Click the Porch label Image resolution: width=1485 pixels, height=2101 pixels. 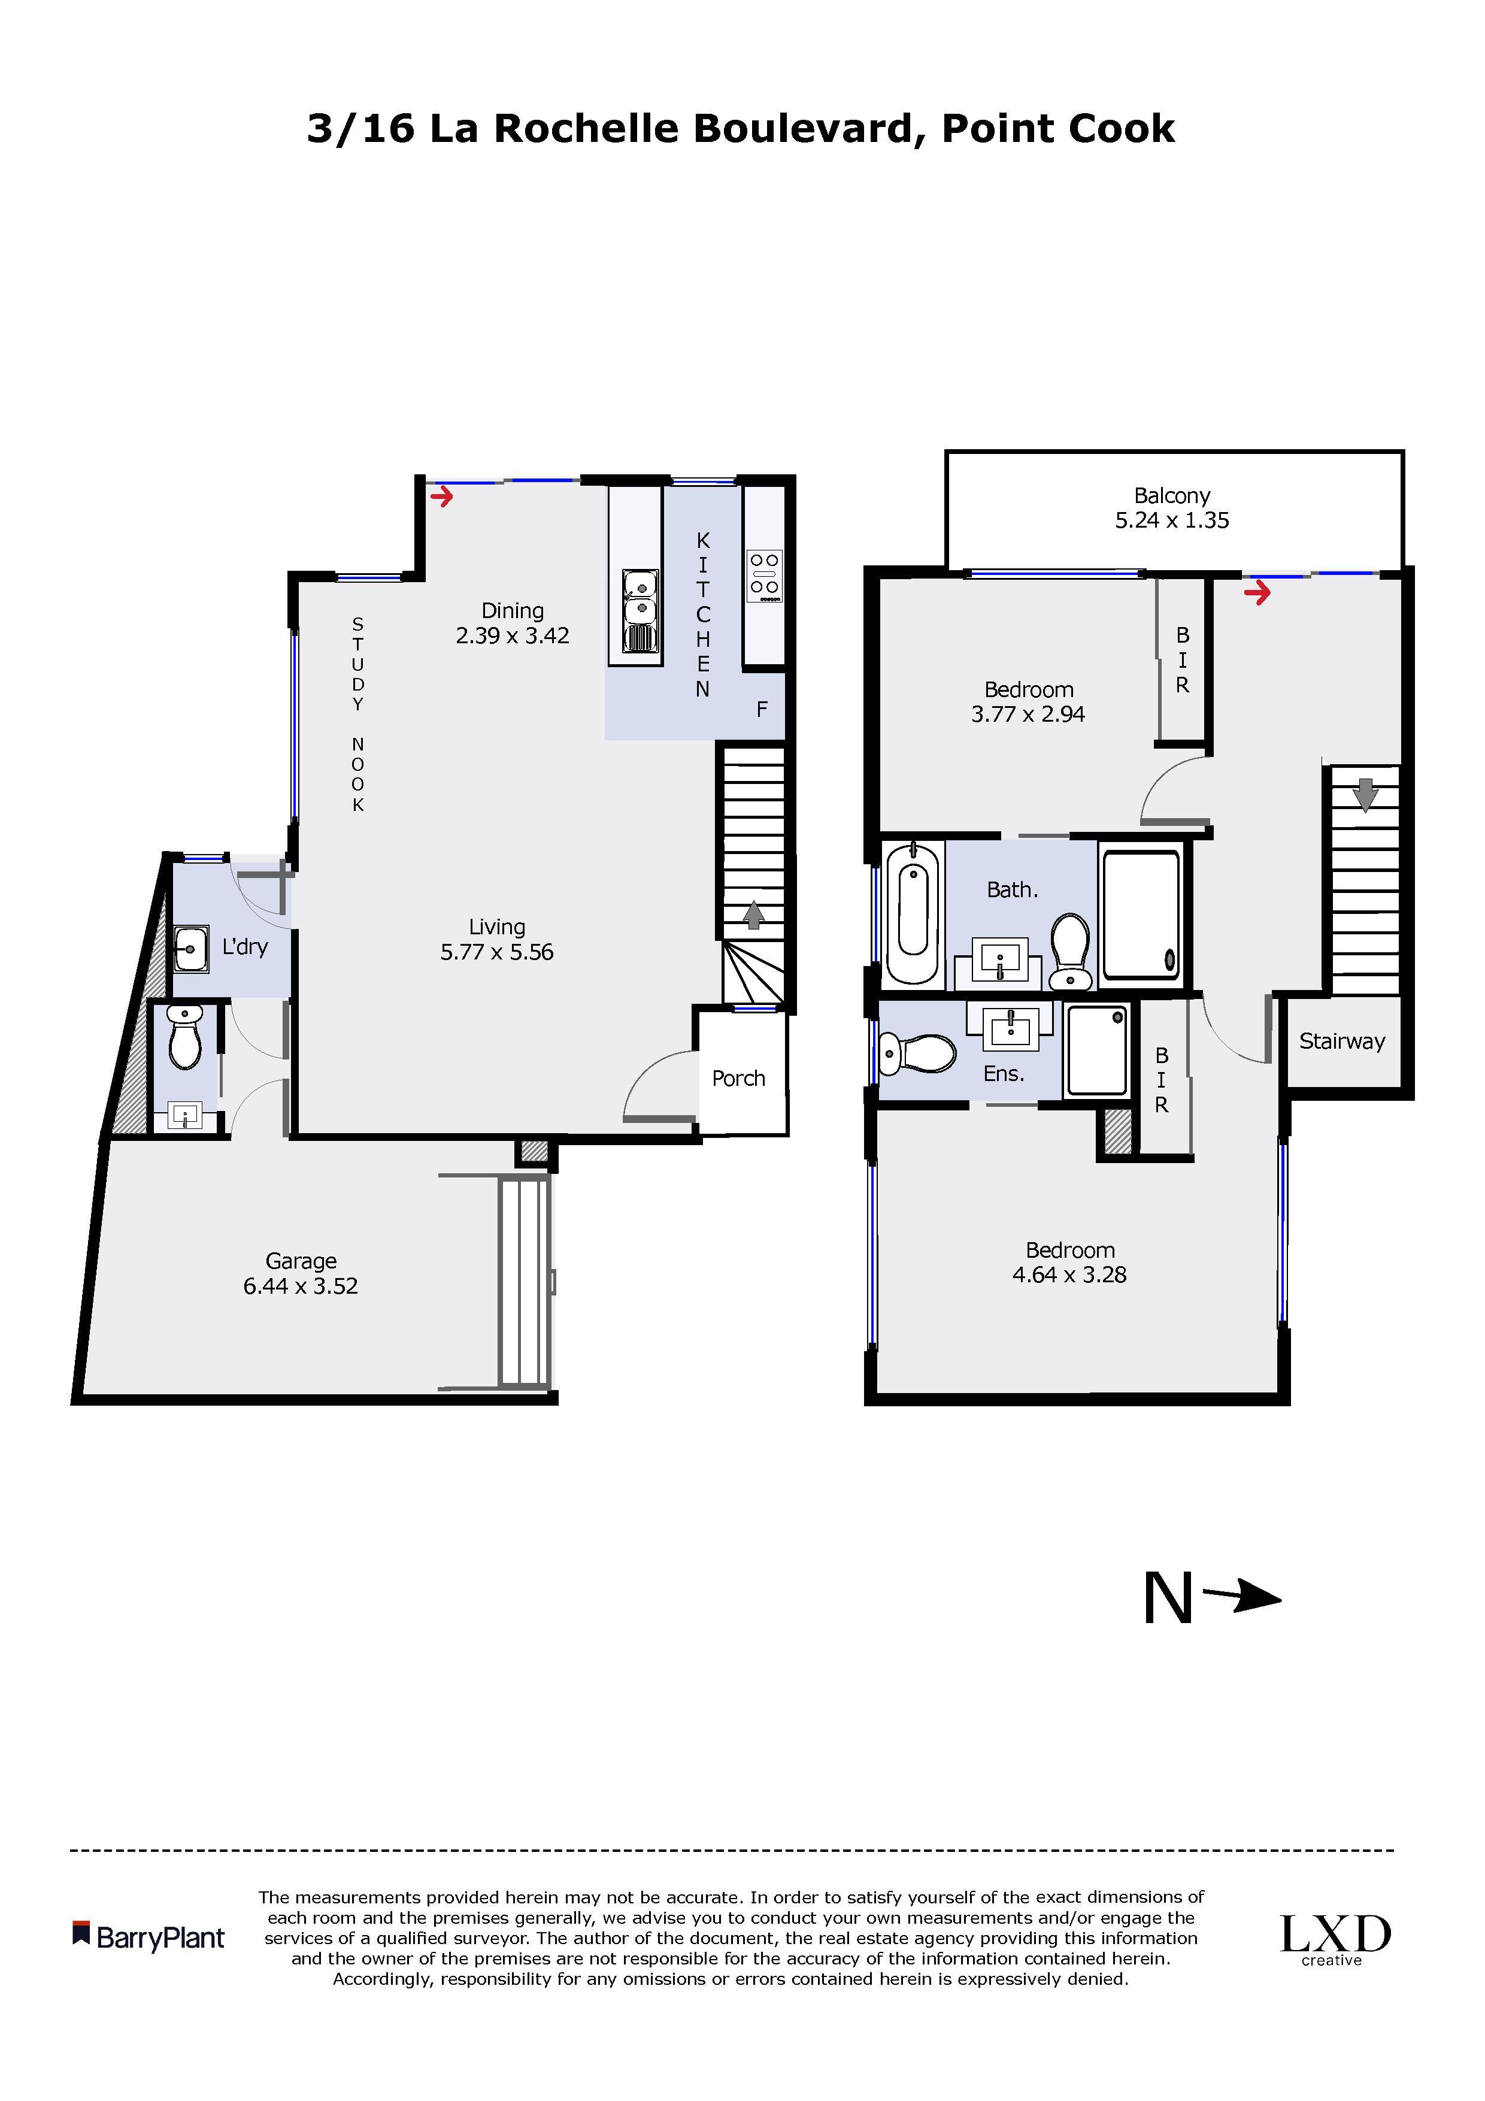point(738,1078)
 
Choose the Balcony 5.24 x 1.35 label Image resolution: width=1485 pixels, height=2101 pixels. point(1172,508)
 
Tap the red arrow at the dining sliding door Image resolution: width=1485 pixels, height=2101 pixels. point(442,497)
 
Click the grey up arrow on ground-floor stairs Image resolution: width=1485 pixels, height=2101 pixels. point(753,915)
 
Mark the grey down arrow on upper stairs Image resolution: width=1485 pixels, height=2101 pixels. point(1365,794)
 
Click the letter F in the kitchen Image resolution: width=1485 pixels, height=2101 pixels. point(761,709)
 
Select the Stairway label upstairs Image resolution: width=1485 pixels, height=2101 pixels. point(1342,1042)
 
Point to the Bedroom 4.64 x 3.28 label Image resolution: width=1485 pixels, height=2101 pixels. point(1069,1262)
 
